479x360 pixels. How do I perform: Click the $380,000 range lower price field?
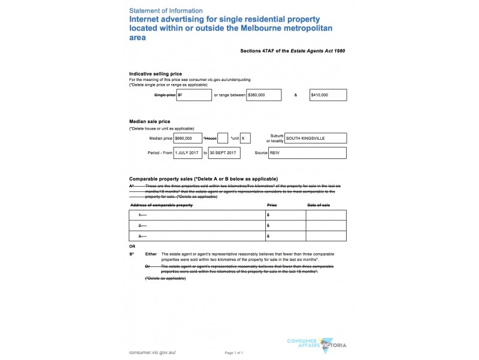click(x=264, y=95)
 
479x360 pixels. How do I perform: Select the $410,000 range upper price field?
click(x=328, y=95)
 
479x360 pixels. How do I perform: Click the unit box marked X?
click(x=245, y=138)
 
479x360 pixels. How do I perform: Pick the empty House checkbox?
click(x=222, y=138)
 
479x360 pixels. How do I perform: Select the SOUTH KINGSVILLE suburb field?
click(x=316, y=138)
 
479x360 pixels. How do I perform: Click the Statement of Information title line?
click(x=166, y=11)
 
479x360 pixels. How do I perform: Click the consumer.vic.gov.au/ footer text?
click(x=153, y=352)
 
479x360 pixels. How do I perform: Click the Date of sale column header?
click(x=318, y=205)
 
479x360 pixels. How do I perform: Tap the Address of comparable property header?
click(x=161, y=205)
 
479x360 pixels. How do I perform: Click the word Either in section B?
click(x=151, y=254)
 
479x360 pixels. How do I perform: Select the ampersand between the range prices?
click(x=296, y=95)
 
